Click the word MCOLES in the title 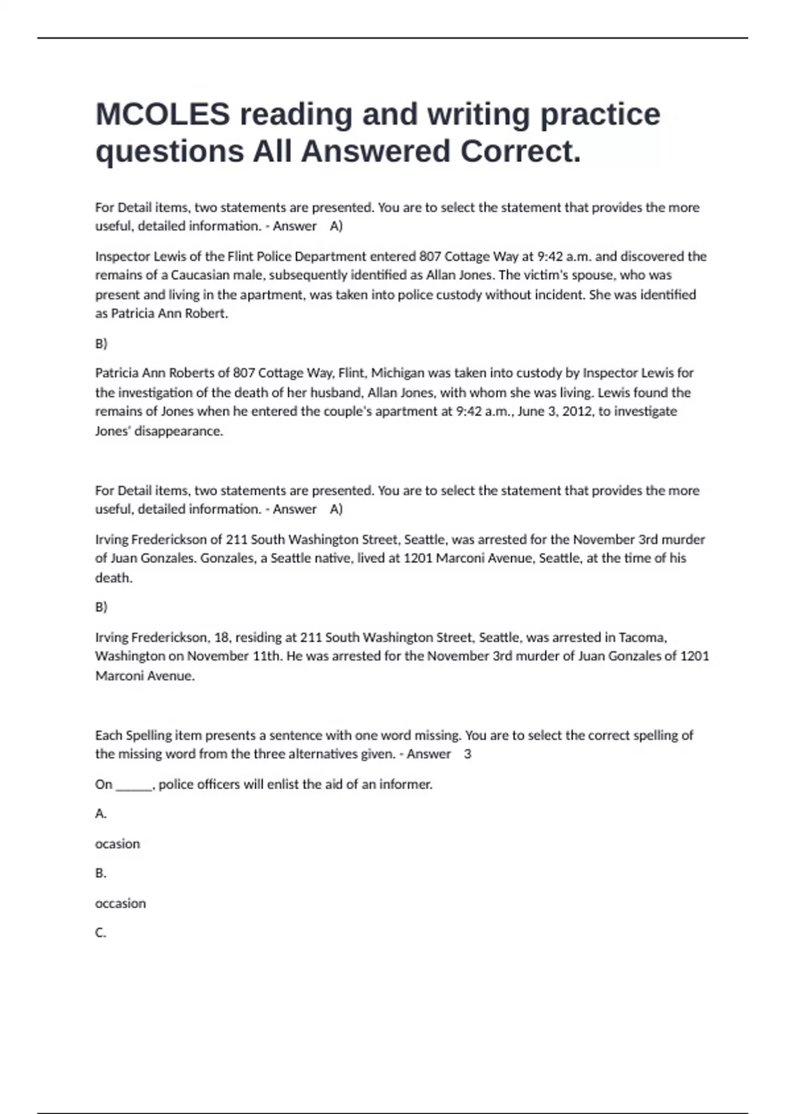162,114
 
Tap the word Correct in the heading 520,151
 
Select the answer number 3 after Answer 468,754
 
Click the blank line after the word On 134,785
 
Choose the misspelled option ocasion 117,844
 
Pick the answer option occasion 121,904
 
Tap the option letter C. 100,932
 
